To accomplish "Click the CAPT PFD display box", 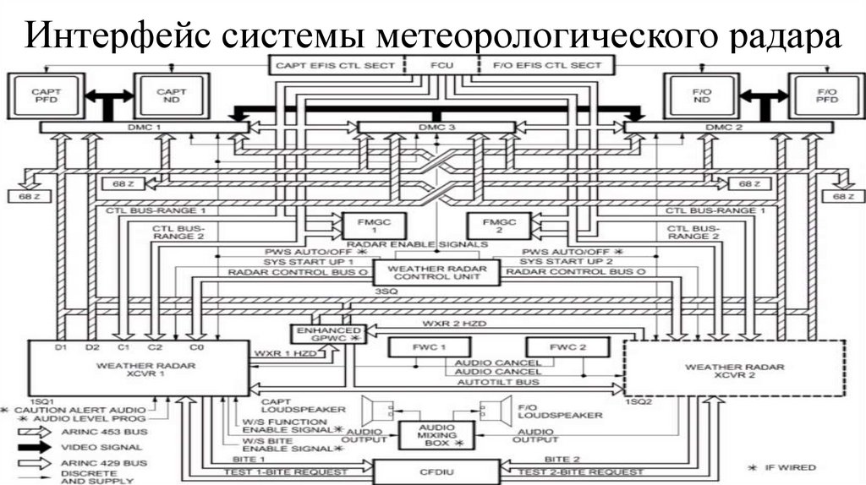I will (40, 95).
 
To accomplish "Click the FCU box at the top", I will (441, 65).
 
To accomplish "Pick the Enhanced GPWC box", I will (326, 333).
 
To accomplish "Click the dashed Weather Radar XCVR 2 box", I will (734, 368).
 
